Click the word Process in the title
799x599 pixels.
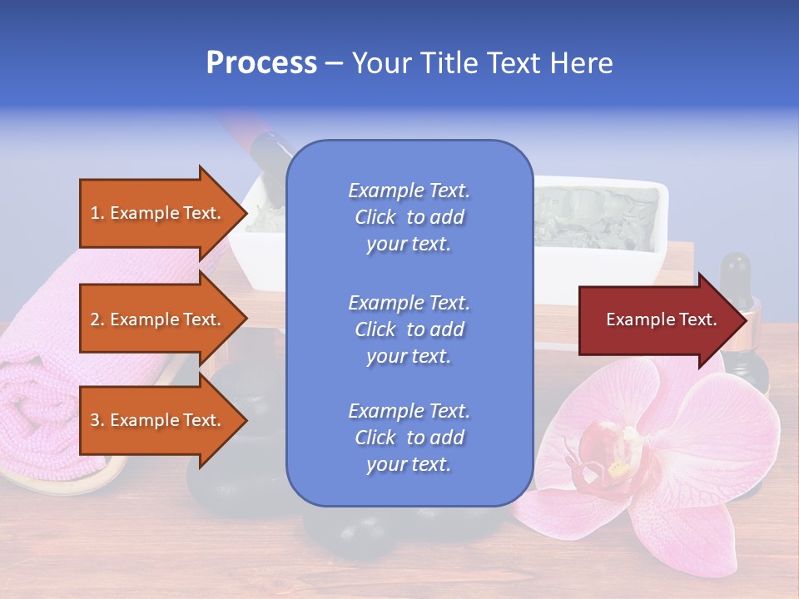click(261, 62)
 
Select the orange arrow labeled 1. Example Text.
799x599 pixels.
click(154, 213)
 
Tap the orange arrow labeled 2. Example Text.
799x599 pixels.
click(154, 319)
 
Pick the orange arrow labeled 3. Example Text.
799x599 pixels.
click(154, 420)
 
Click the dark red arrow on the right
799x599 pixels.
click(658, 319)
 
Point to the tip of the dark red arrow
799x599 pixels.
click(745, 319)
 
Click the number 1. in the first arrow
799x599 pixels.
click(97, 213)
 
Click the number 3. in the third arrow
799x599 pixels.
click(97, 420)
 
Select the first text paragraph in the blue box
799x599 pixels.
click(409, 217)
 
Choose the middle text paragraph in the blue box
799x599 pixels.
click(409, 329)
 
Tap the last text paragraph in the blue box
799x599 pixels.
click(409, 438)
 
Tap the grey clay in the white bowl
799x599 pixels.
click(595, 212)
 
